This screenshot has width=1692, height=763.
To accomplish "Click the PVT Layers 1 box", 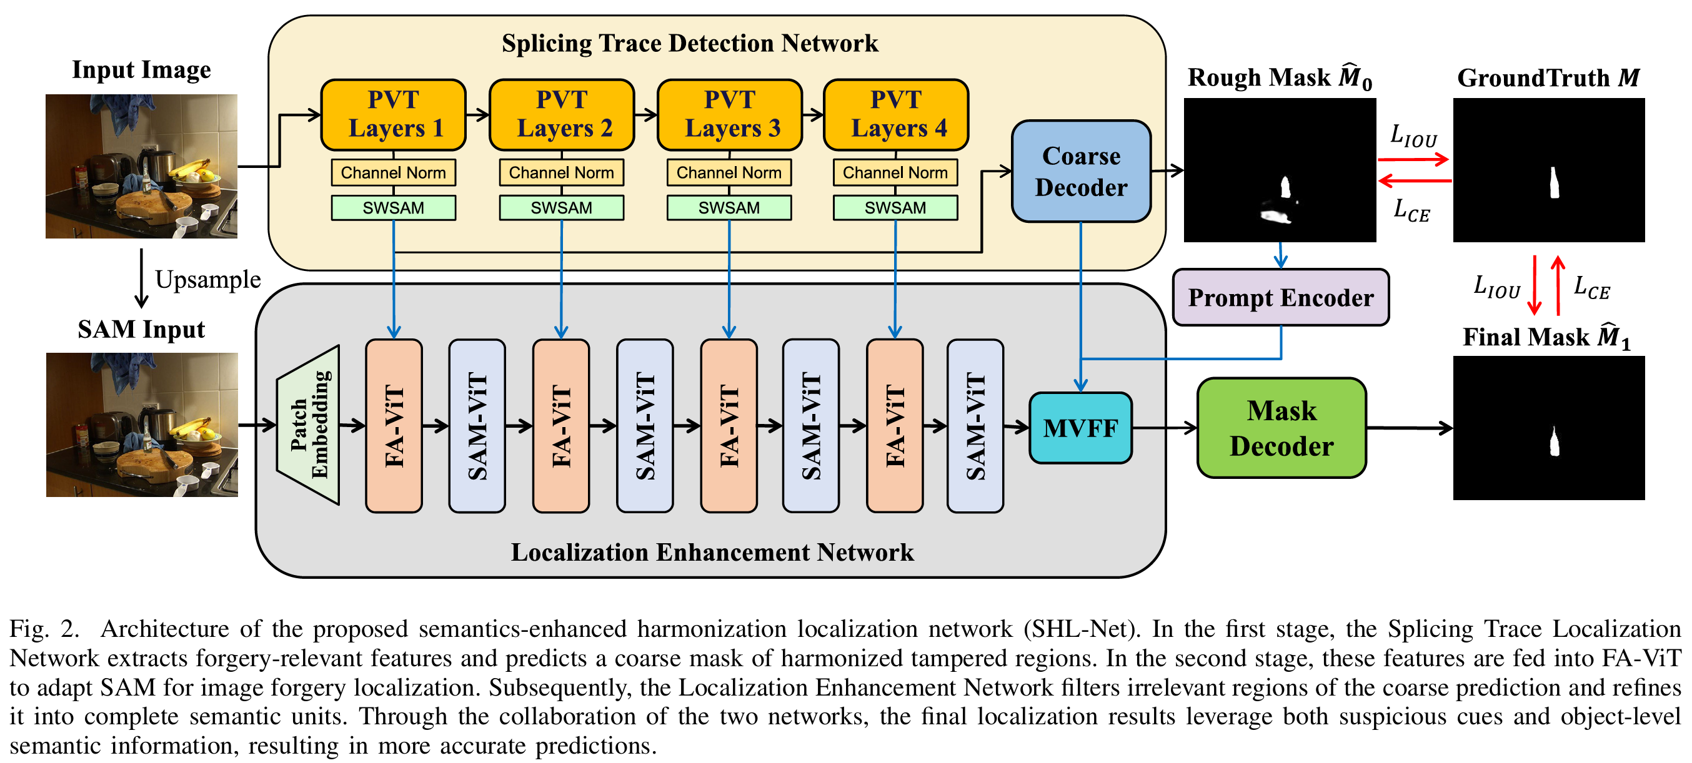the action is click(394, 115).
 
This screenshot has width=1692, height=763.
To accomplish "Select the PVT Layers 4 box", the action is click(896, 115).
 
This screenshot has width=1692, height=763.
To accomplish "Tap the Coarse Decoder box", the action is click(1081, 171).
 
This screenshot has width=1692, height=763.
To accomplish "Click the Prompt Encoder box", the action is click(1281, 297).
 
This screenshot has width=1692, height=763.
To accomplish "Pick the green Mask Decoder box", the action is click(1281, 428).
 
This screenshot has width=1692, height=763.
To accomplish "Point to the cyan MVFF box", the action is click(1080, 428).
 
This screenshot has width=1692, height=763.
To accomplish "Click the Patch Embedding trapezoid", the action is click(309, 425).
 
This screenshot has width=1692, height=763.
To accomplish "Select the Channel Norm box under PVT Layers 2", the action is click(562, 173).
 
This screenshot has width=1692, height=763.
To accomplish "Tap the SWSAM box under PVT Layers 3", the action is click(729, 208).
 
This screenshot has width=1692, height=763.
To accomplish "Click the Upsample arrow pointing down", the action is click(141, 278).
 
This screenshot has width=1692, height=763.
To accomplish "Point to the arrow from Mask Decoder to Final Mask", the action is click(1410, 428).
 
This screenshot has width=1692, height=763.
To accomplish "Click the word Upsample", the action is click(208, 280).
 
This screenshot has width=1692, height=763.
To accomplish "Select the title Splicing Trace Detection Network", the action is click(690, 43).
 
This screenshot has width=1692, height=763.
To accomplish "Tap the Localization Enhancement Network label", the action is click(713, 552).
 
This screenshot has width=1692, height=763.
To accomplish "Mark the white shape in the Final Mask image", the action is click(1554, 441).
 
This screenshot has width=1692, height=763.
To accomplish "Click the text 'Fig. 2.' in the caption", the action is click(44, 629).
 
